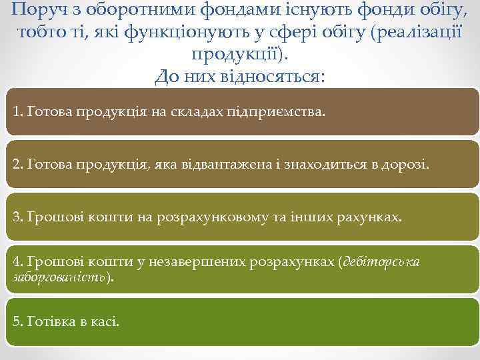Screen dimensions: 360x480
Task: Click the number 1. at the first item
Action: (18, 111)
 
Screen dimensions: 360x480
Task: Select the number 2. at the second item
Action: (18, 163)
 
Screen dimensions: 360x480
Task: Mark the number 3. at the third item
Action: (18, 216)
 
